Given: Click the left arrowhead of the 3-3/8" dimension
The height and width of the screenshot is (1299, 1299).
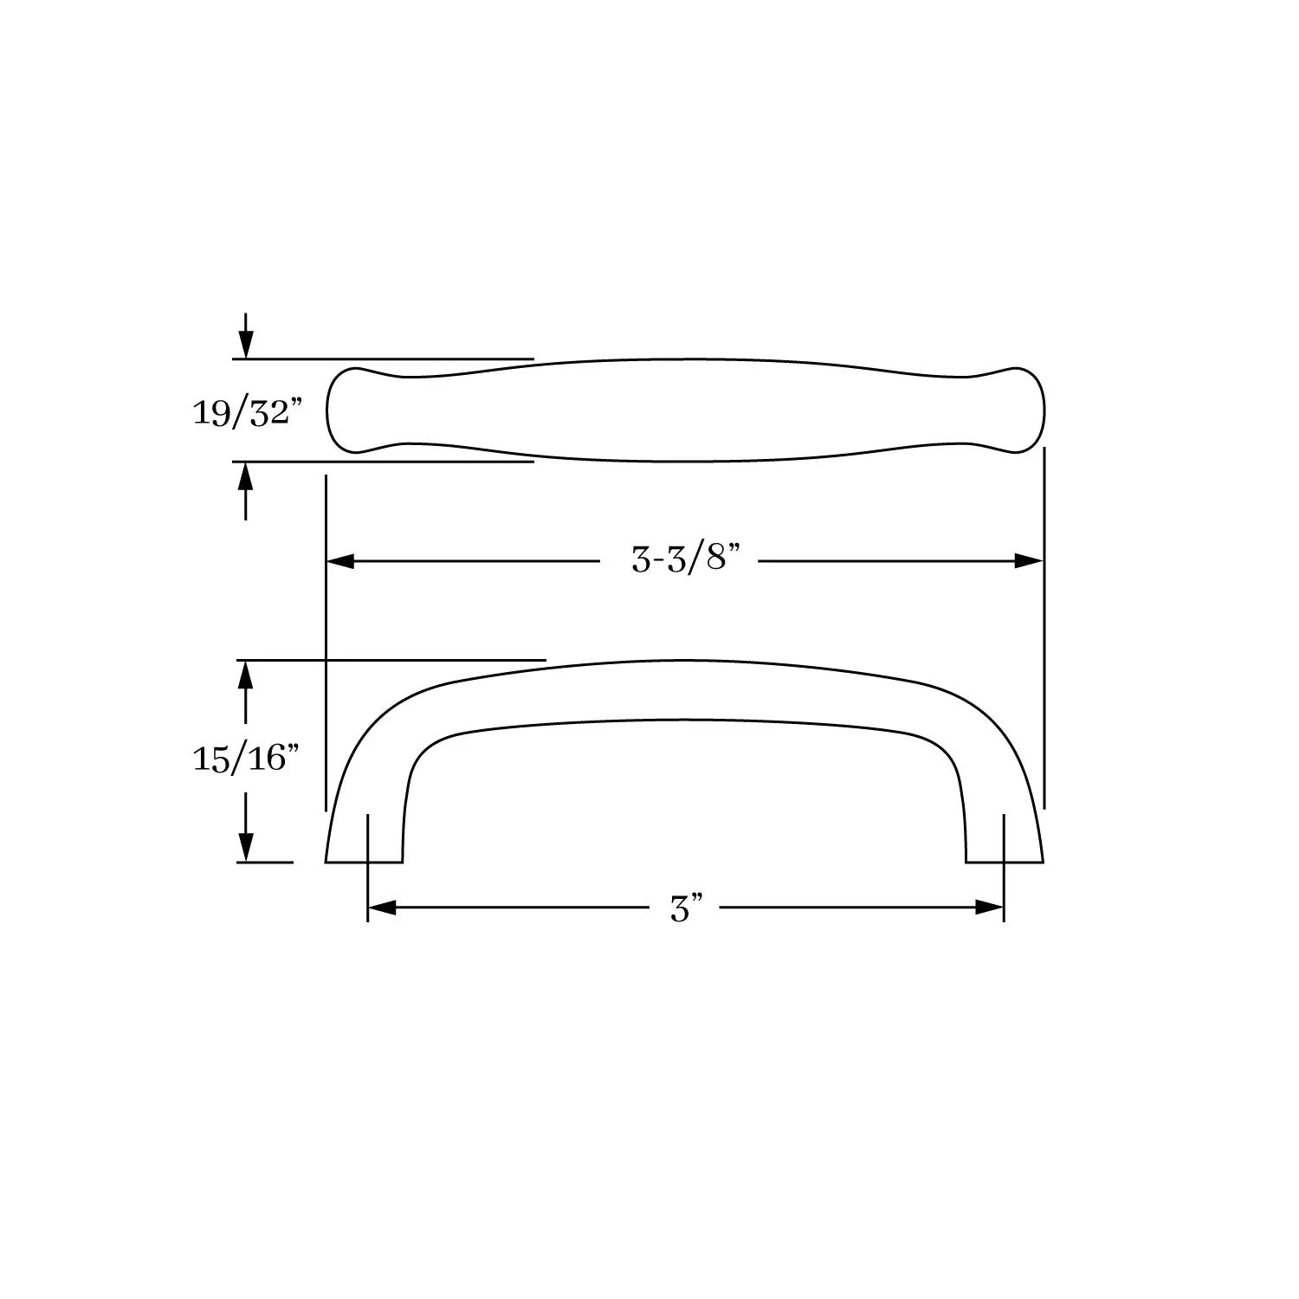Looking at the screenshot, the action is [340, 561].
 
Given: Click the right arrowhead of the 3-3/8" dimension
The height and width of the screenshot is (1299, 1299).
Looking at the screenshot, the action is [1029, 561].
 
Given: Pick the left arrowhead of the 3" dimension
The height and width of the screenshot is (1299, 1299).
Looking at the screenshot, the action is [382, 908].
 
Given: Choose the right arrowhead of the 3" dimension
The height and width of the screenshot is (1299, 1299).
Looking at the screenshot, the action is [989, 908].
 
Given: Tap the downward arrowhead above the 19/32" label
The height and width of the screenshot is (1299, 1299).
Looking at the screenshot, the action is [247, 344].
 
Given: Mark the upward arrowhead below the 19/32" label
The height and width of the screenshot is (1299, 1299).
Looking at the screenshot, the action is [247, 476].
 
